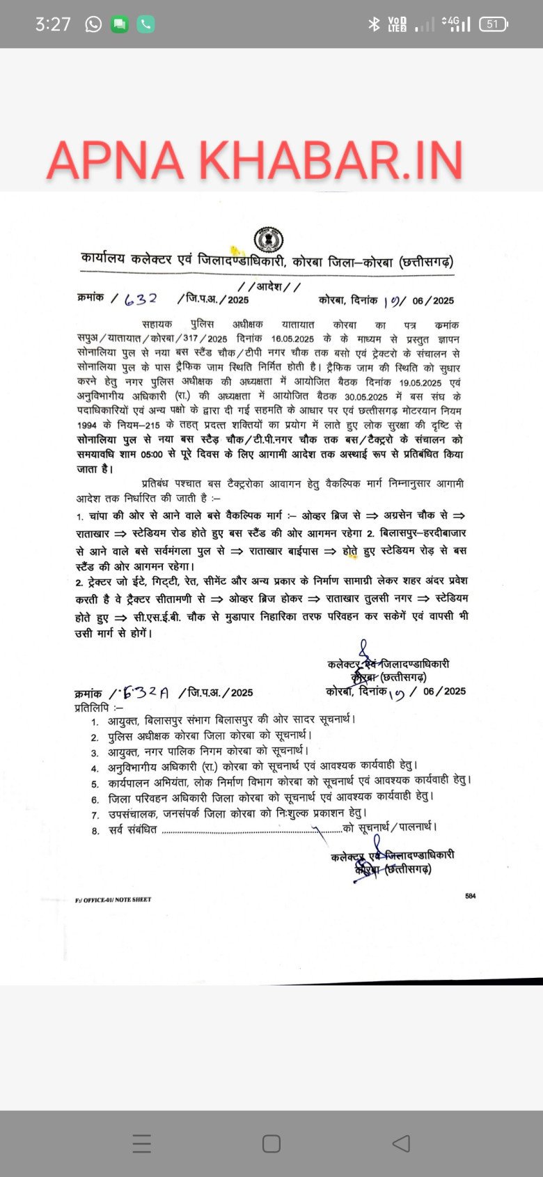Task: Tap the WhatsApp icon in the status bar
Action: click(x=93, y=24)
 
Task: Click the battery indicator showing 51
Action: click(x=494, y=24)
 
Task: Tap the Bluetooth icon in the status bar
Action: click(x=374, y=24)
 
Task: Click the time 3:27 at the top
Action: click(x=53, y=24)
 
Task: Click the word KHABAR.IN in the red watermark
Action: click(x=331, y=161)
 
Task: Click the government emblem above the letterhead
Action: click(x=268, y=240)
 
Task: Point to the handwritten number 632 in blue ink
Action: click(x=141, y=299)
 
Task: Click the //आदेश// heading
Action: click(x=269, y=286)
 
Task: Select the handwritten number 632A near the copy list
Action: click(x=145, y=692)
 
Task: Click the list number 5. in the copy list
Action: click(x=95, y=784)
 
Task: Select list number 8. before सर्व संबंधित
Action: click(x=95, y=831)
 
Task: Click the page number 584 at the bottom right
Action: click(x=471, y=896)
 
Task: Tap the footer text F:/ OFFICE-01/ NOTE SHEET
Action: click(x=113, y=900)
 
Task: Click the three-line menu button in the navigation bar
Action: click(x=141, y=1143)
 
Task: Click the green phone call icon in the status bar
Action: click(x=145, y=24)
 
